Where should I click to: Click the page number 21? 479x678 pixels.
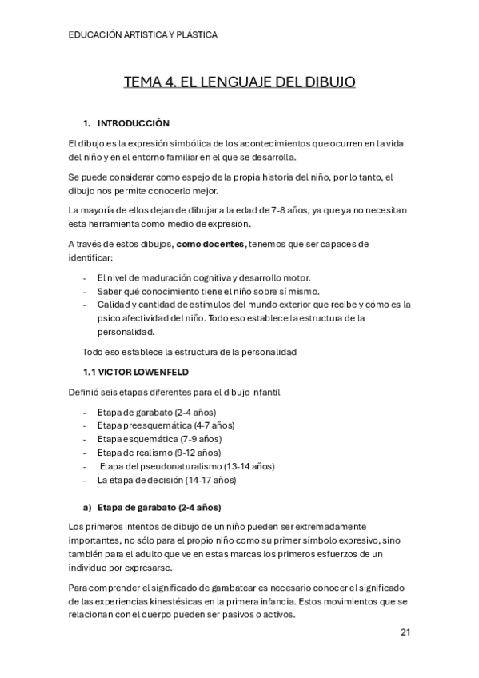tap(405, 632)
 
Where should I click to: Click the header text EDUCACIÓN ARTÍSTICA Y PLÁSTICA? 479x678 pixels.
tap(143, 34)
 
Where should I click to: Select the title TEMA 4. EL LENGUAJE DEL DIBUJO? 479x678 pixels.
tap(239, 82)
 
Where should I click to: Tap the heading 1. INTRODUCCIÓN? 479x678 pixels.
tap(127, 124)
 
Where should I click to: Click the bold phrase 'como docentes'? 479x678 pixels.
tap(211, 244)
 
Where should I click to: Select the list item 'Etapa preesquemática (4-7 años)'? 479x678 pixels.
tap(166, 425)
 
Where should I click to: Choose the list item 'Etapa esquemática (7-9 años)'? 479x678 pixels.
tap(159, 439)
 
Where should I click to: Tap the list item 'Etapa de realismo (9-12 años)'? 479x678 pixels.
tap(159, 453)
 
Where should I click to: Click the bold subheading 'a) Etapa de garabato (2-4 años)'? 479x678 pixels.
tap(152, 508)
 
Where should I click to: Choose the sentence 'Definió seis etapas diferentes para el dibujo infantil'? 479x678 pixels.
tap(174, 392)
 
